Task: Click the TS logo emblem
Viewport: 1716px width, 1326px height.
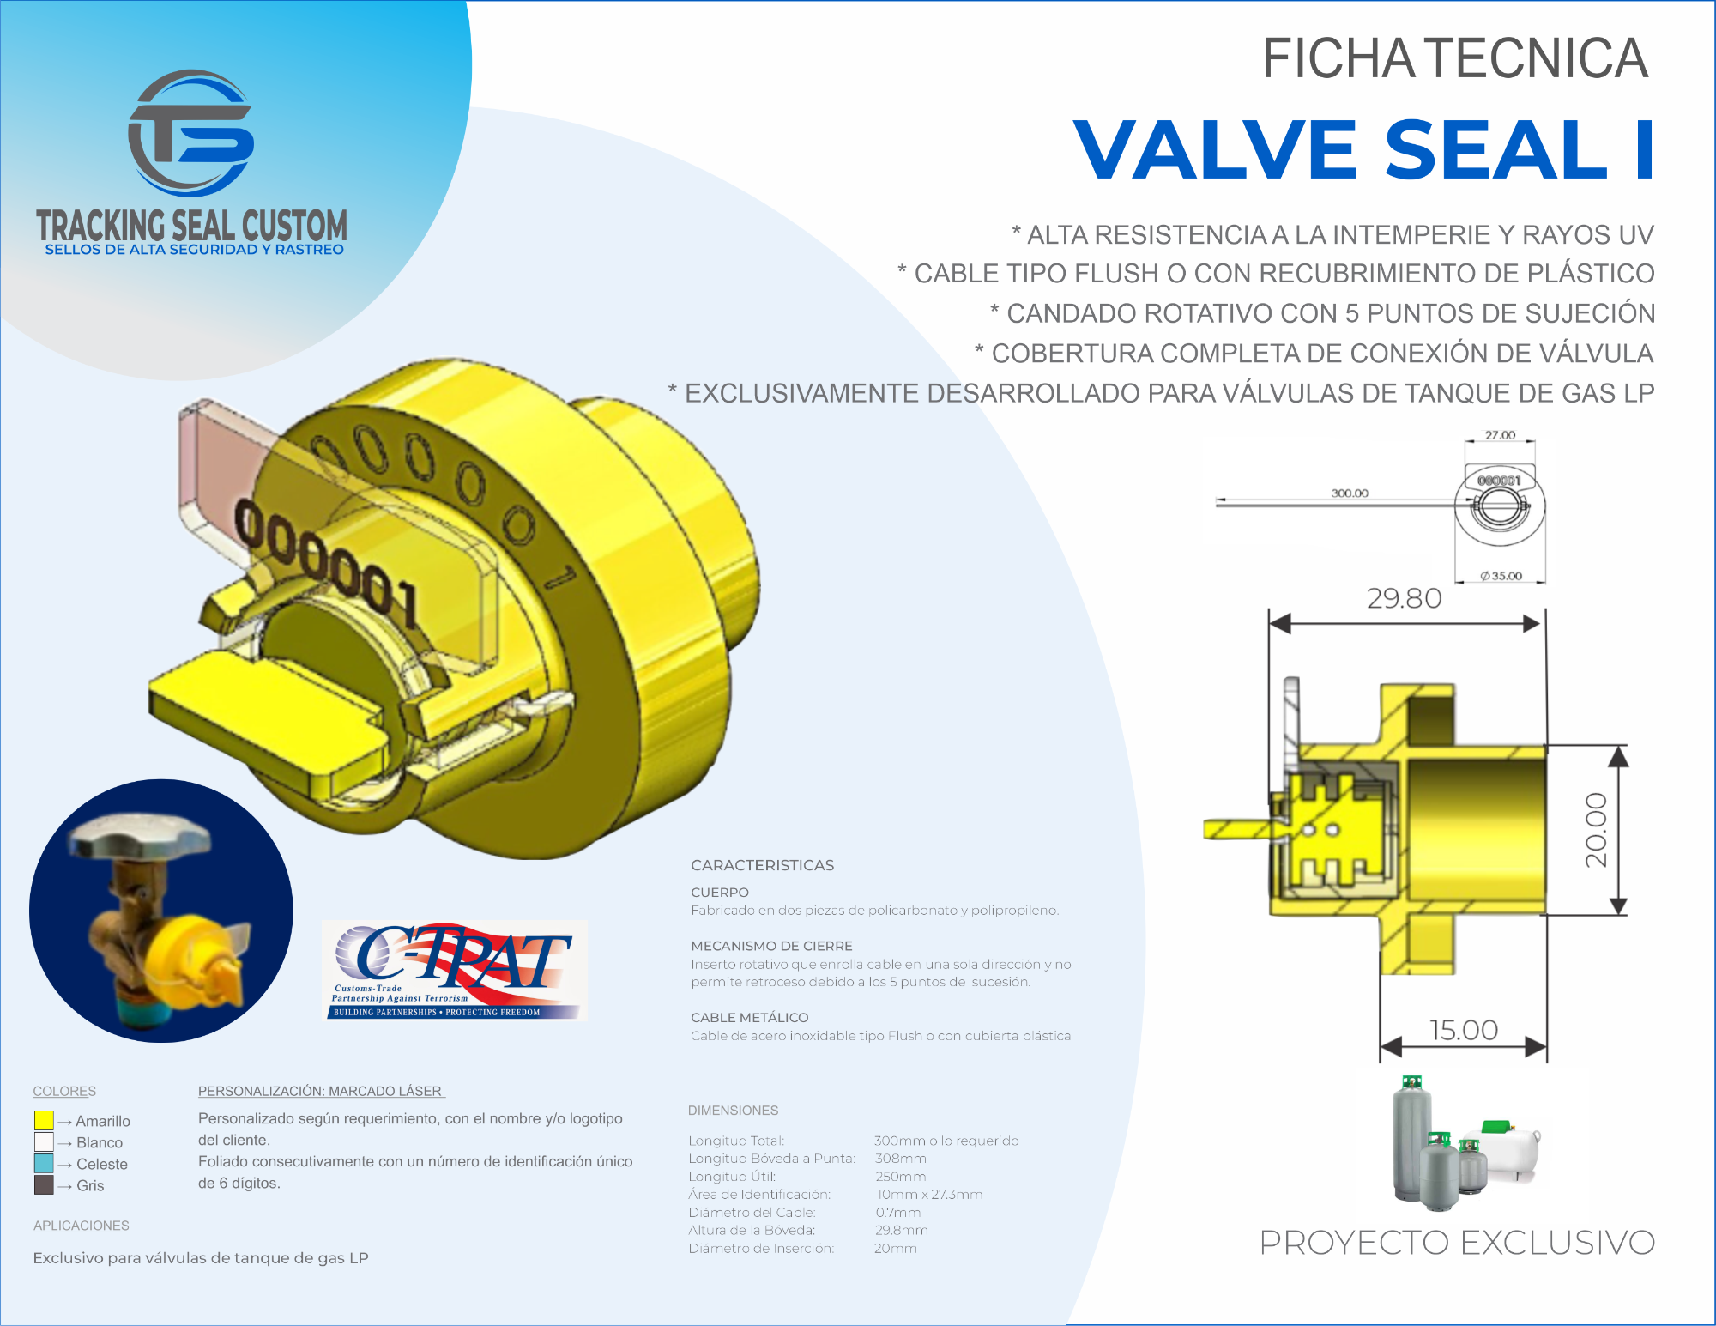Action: click(190, 133)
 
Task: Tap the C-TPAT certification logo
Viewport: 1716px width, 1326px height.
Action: click(455, 970)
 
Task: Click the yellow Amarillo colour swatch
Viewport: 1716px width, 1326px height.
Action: click(44, 1120)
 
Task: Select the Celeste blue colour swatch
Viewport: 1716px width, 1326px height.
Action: click(44, 1163)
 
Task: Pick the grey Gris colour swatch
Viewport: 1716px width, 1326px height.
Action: click(44, 1184)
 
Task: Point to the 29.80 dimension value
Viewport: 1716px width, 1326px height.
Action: click(1404, 597)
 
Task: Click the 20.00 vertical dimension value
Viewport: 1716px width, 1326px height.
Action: click(1596, 830)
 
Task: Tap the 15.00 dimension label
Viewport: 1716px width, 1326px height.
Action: click(1464, 1029)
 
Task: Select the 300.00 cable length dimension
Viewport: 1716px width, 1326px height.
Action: click(1350, 493)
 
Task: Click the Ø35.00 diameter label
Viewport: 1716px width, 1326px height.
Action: click(1501, 575)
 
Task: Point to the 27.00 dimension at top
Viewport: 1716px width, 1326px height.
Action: click(1500, 434)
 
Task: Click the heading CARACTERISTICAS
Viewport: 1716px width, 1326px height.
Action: click(762, 865)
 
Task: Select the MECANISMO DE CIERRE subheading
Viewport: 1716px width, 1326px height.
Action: click(771, 946)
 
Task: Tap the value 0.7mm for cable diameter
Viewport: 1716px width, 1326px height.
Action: click(898, 1212)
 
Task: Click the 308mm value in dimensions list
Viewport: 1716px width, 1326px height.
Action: click(900, 1158)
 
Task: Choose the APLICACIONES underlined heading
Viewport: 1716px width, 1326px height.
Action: click(81, 1226)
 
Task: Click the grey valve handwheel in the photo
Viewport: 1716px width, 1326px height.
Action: click(139, 834)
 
